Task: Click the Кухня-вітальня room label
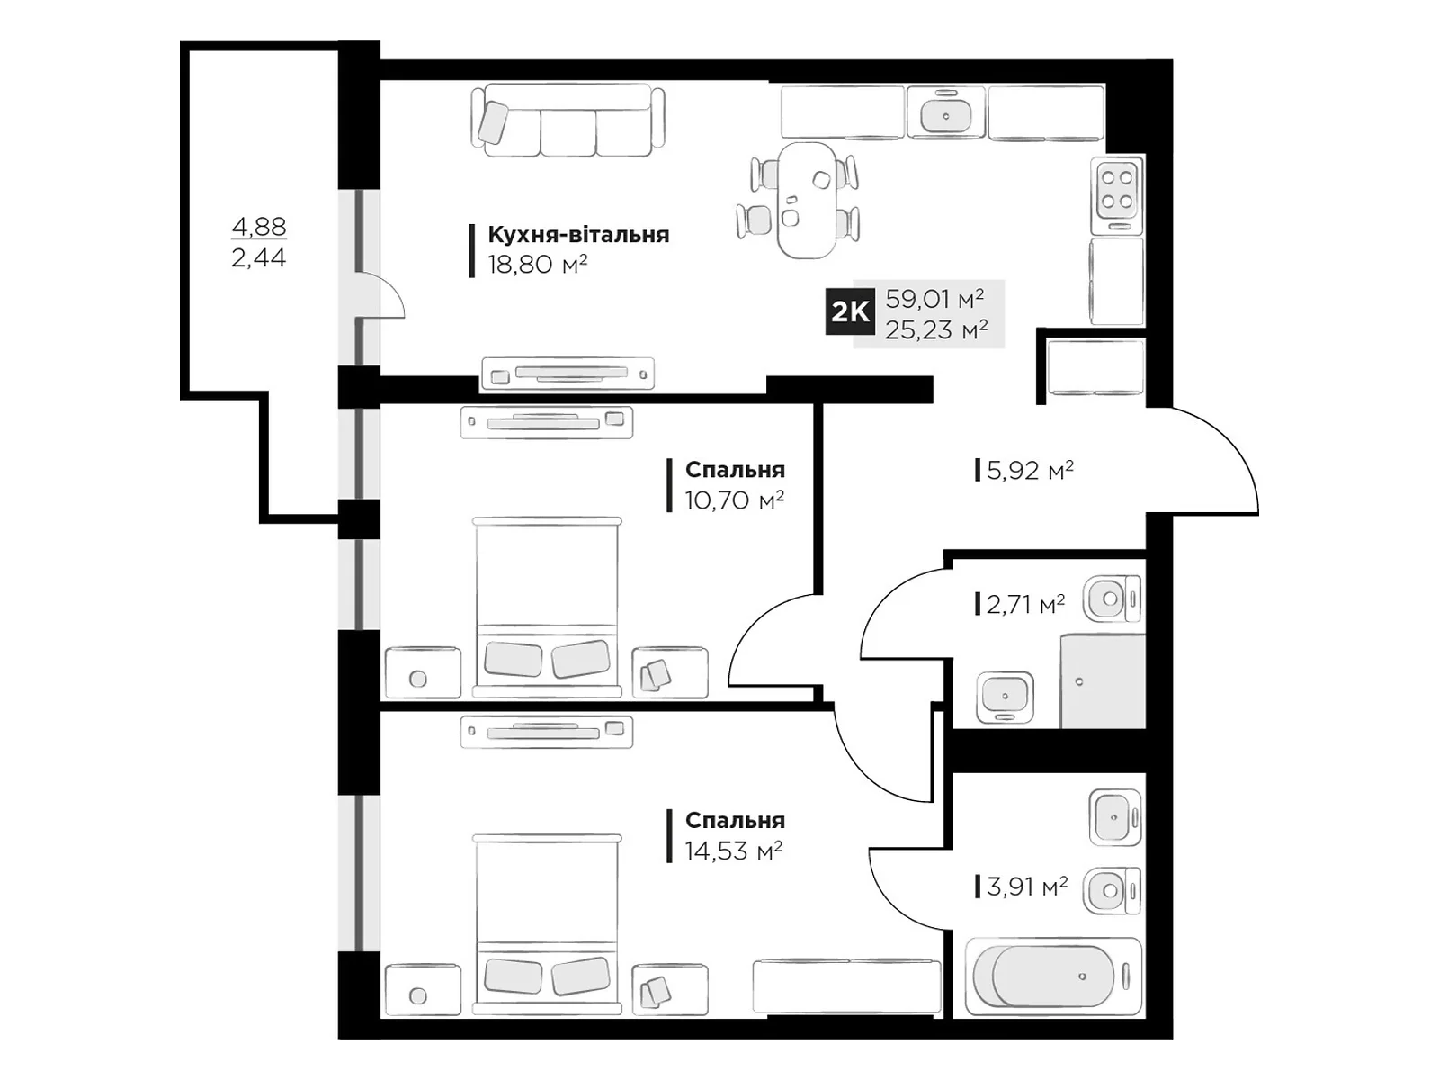point(578,234)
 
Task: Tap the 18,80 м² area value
point(537,265)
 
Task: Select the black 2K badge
point(850,311)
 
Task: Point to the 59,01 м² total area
point(934,299)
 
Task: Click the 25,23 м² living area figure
point(936,329)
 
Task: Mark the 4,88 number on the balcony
point(259,227)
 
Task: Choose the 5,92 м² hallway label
point(1030,470)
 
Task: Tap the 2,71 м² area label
point(1025,604)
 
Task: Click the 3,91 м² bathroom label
point(1027,886)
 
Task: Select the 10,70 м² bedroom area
point(734,500)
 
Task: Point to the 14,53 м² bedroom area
point(734,851)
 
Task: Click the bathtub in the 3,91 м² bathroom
point(1053,976)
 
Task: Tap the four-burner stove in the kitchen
point(1117,195)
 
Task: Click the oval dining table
point(807,200)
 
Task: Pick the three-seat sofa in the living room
point(568,120)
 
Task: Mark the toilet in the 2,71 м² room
point(1112,598)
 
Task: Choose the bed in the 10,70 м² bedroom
point(547,607)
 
